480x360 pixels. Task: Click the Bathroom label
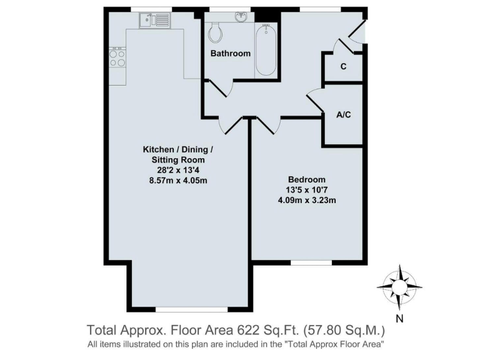(230, 53)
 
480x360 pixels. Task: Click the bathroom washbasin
(240, 16)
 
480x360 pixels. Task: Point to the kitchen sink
(154, 20)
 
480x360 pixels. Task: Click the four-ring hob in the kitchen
(117, 58)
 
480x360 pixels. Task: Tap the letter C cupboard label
(343, 66)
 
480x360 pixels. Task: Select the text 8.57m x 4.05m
(178, 181)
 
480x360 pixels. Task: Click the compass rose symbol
(399, 286)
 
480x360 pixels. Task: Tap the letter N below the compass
(399, 317)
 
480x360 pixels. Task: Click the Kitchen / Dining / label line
(178, 149)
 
